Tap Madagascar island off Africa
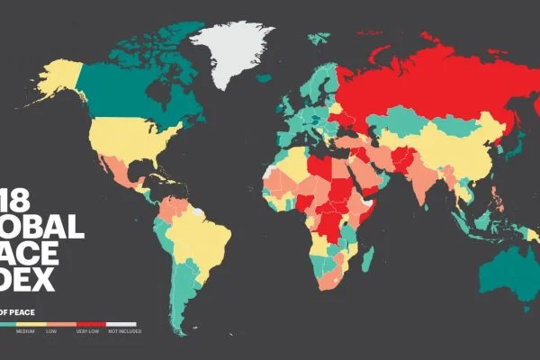point(367,260)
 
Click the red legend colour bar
point(91,323)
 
